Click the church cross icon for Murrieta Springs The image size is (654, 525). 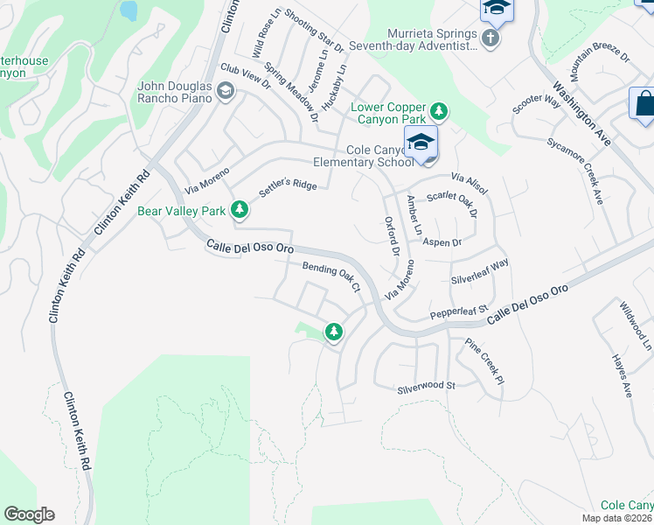(491, 37)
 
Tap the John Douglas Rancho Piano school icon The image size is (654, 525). (226, 91)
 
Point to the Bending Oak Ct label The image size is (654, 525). (331, 276)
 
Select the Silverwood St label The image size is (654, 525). (427, 386)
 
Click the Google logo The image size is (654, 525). (29, 514)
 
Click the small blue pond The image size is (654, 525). (129, 10)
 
